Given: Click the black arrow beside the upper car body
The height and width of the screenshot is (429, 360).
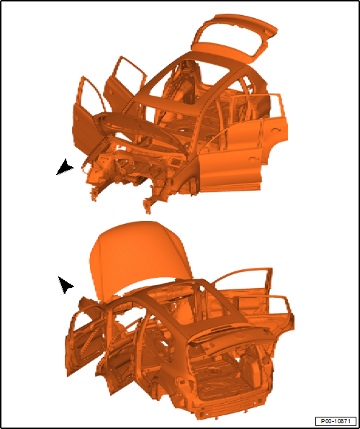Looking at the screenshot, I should click(x=65, y=168).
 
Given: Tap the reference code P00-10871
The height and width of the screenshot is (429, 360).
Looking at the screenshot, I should click(x=336, y=420).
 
